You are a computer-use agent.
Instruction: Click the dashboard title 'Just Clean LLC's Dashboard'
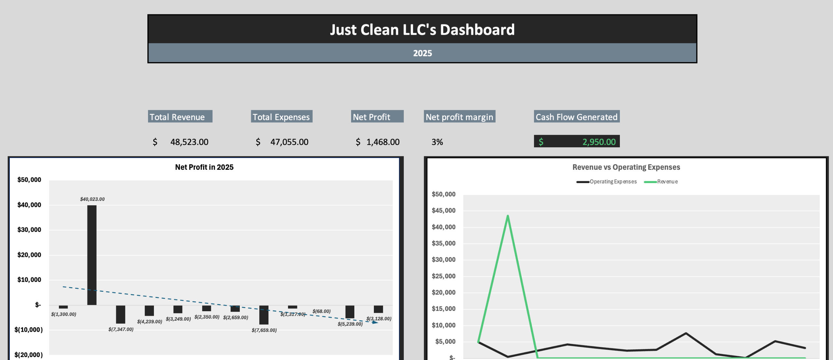click(x=422, y=30)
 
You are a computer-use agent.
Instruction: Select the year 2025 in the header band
click(x=422, y=53)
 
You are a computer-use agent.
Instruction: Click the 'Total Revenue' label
click(x=177, y=117)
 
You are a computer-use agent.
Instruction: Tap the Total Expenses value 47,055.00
click(x=289, y=142)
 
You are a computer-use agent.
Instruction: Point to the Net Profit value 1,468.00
click(x=383, y=142)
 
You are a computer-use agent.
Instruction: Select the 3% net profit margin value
click(x=437, y=142)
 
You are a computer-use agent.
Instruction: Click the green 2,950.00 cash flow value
click(x=599, y=142)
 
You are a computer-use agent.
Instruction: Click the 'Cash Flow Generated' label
click(x=576, y=117)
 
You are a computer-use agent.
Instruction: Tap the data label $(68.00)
click(x=321, y=311)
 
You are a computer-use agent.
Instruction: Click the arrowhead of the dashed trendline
click(x=376, y=322)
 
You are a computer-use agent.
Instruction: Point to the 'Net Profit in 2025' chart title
click(x=204, y=167)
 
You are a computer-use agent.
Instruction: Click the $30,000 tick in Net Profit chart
click(x=29, y=230)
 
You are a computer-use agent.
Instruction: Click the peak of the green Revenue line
click(x=508, y=216)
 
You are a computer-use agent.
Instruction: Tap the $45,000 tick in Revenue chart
click(x=444, y=210)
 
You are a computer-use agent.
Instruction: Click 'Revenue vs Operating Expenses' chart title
click(x=626, y=167)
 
